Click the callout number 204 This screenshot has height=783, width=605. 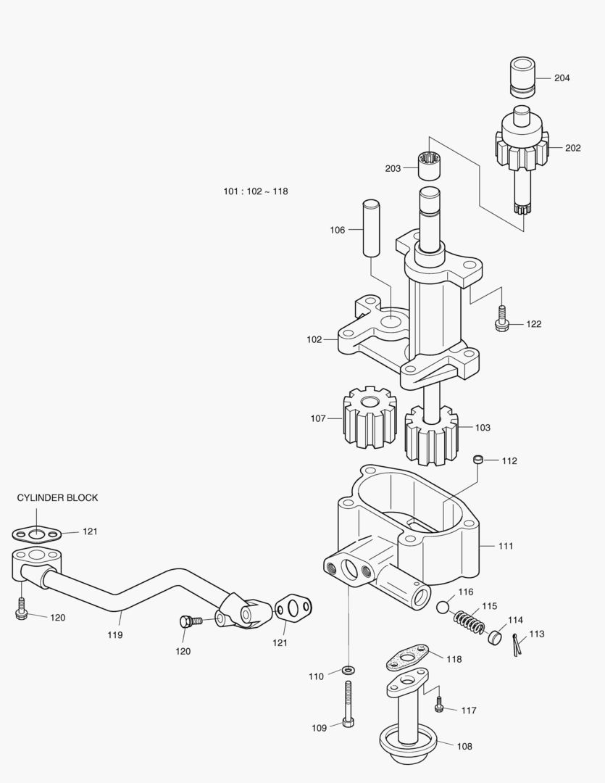tap(562, 78)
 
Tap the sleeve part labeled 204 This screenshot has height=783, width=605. tap(522, 76)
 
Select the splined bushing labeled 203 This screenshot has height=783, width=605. tap(429, 165)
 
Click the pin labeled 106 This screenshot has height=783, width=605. tap(371, 228)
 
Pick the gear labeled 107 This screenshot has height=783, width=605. tap(370, 418)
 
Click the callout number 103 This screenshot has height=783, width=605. tap(483, 428)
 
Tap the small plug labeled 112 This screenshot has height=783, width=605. tap(478, 460)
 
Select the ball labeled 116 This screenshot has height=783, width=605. tap(443, 608)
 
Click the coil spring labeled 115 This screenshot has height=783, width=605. tap(469, 622)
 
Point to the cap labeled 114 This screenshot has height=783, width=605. tap(495, 637)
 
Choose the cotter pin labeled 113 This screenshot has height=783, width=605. tap(516, 645)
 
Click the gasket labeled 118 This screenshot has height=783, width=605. tap(407, 657)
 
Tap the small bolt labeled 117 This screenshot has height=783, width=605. tap(439, 704)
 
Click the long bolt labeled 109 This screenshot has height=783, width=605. tap(348, 703)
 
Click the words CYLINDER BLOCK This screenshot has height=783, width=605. tap(57, 498)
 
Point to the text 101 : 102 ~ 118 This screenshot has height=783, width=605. tap(256, 191)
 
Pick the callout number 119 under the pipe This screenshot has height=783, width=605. tap(114, 635)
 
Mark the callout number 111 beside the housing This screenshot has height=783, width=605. tap(506, 547)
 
